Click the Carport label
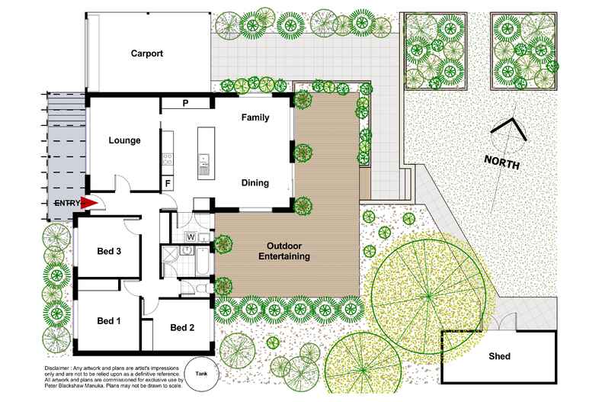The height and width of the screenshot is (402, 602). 147,53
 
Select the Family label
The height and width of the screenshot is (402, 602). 255,118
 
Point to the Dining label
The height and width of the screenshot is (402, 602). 255,184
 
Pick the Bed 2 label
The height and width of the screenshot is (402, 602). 183,328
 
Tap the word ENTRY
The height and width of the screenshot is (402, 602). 66,203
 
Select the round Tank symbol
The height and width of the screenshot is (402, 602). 201,373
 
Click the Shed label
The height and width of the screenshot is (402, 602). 499,356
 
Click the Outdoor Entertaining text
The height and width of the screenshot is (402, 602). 288,252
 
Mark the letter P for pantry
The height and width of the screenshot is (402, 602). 185,103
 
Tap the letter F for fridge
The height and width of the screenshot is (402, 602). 168,184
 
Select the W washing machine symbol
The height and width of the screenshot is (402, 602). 191,236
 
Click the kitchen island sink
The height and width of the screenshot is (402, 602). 204,159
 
